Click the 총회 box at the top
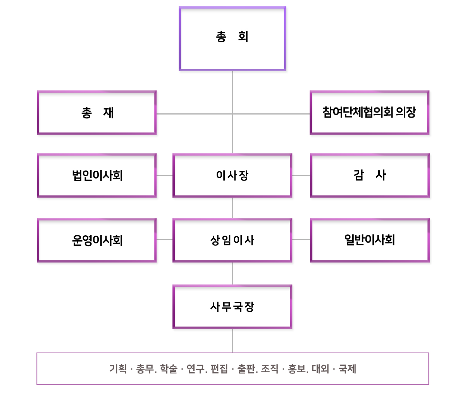232,38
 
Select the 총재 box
96,113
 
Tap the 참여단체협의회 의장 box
369,113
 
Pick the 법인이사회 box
96,175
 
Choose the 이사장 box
232,175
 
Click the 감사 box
370,175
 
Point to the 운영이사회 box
96,240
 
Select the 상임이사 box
232,240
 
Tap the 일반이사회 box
370,240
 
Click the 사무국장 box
232,306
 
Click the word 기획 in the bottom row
118,368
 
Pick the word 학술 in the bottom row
169,368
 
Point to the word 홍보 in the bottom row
296,368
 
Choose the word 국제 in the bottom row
347,368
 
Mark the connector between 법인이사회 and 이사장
165,175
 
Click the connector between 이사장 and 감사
301,175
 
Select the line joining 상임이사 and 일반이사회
301,240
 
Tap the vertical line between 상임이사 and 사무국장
232,274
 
